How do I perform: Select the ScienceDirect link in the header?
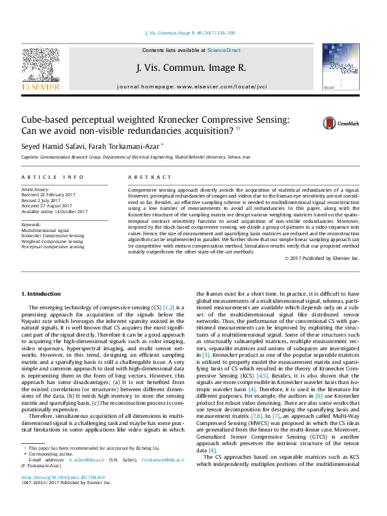(x=224, y=50)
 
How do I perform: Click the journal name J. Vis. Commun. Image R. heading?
(x=191, y=67)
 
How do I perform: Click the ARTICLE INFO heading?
(x=52, y=177)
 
